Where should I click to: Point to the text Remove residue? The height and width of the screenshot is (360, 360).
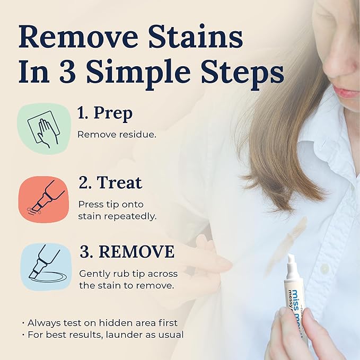[117, 134]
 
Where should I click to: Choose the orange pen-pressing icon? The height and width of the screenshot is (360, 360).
[44, 197]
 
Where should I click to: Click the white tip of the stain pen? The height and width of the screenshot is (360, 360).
[291, 260]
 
